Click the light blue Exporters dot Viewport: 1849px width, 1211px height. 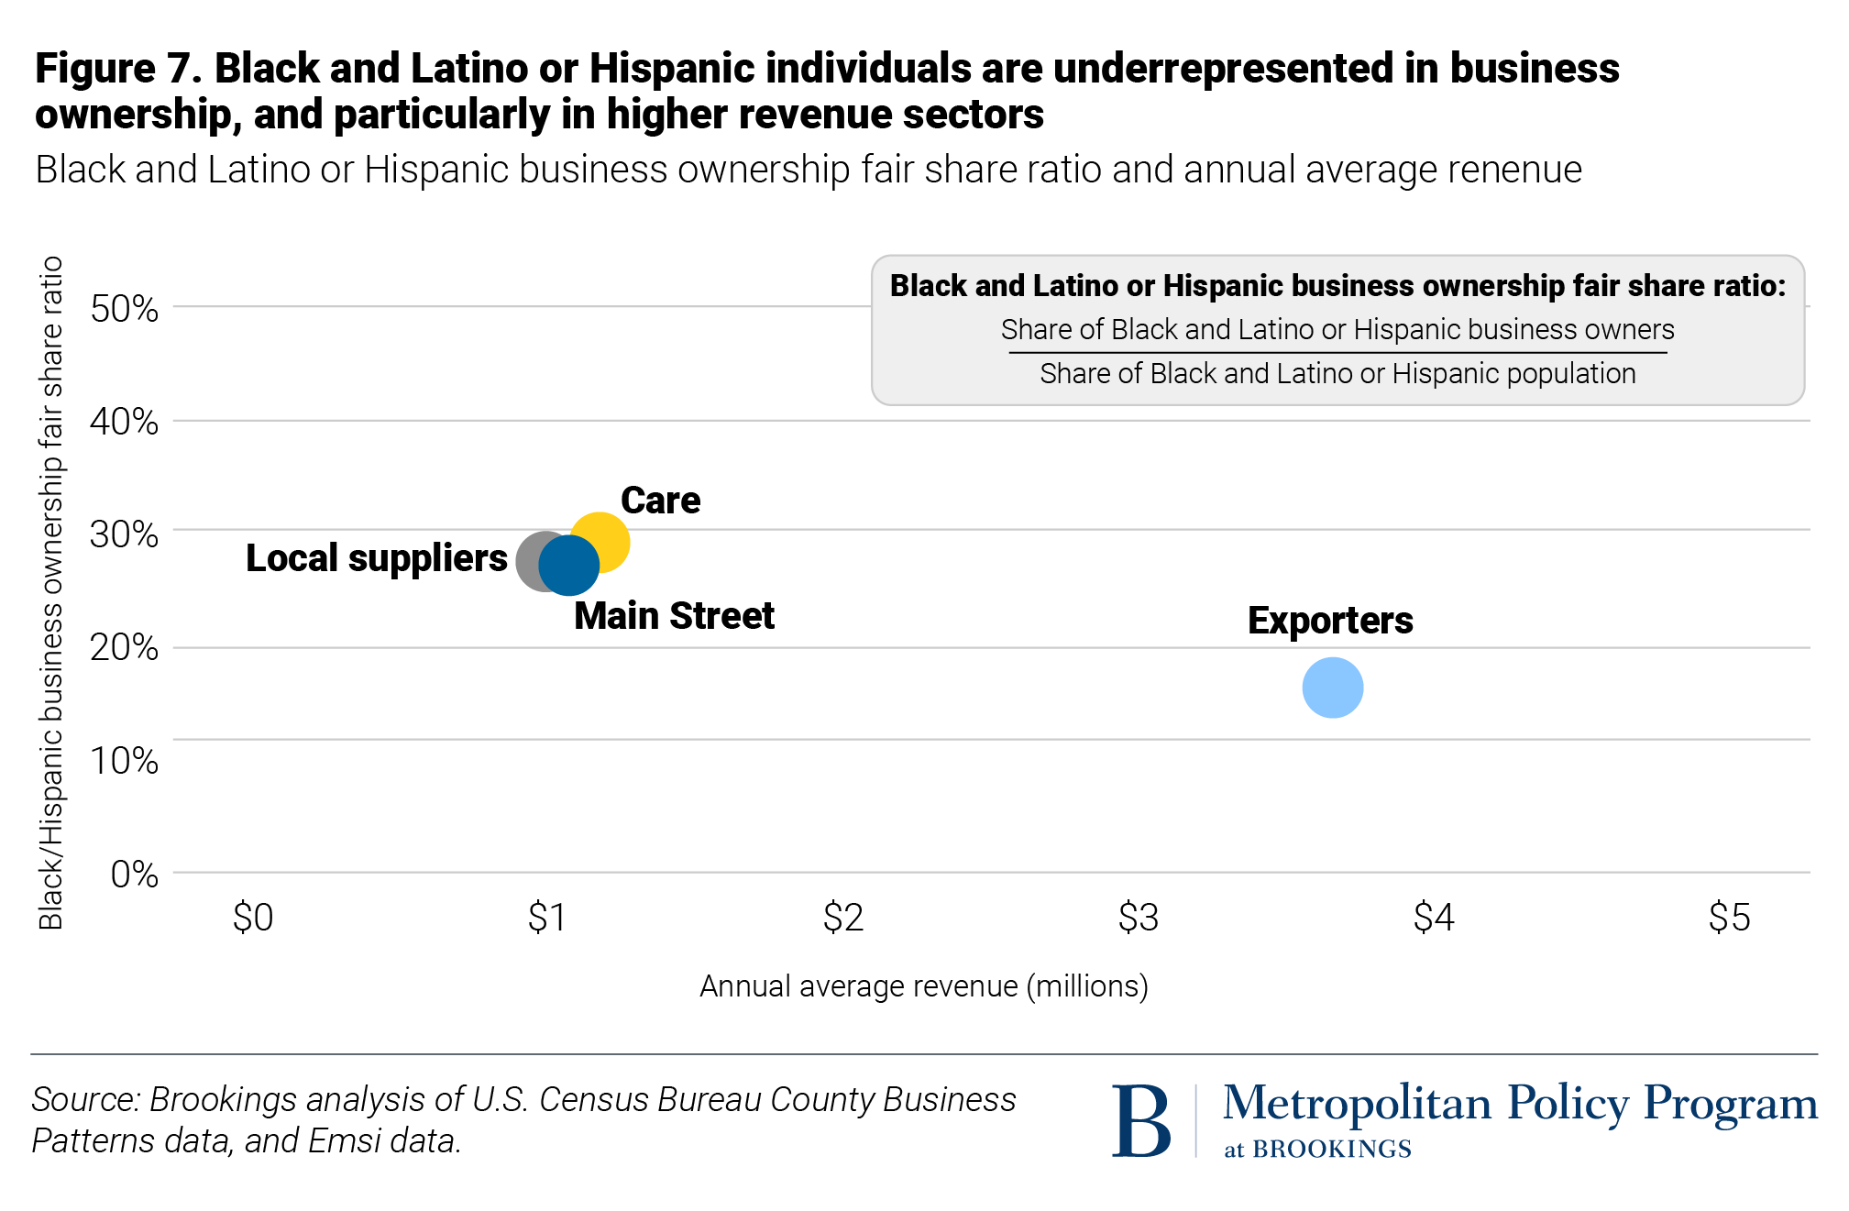pyautogui.click(x=1332, y=688)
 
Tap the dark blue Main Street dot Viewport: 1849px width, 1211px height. pyautogui.click(x=569, y=566)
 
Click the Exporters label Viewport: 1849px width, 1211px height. pyautogui.click(x=1329, y=621)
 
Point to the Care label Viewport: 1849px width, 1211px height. pyautogui.click(x=660, y=501)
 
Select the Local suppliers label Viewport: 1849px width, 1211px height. pyautogui.click(x=376, y=558)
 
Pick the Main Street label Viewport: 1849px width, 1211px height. pyautogui.click(x=674, y=616)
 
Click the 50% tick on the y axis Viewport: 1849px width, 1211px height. pyautogui.click(x=125, y=309)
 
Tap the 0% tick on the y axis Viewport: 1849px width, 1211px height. pyautogui.click(x=134, y=875)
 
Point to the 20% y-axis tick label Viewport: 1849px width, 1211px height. pyautogui.click(x=125, y=648)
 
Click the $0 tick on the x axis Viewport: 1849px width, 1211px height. pyautogui.click(x=253, y=918)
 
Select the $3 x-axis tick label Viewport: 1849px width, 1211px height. pyautogui.click(x=1138, y=918)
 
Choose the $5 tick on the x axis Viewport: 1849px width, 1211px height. pyautogui.click(x=1729, y=918)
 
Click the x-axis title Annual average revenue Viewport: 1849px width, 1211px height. pyautogui.click(x=923, y=986)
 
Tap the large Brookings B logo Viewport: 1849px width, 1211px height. pyautogui.click(x=1141, y=1120)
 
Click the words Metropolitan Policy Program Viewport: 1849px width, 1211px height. pyautogui.click(x=1520, y=1103)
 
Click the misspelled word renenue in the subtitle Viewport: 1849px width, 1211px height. pyautogui.click(x=1514, y=171)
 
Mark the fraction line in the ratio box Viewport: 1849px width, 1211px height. pyautogui.click(x=1337, y=352)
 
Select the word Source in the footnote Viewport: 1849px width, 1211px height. pyautogui.click(x=84, y=1099)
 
